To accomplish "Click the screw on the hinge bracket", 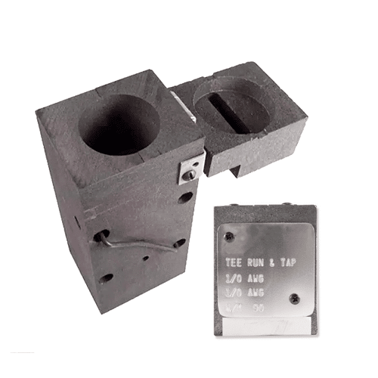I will tap(191, 175).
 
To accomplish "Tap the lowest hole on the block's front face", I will tap(107, 277).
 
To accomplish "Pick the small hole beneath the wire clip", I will tap(145, 258).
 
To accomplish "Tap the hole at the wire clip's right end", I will tap(179, 243).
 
